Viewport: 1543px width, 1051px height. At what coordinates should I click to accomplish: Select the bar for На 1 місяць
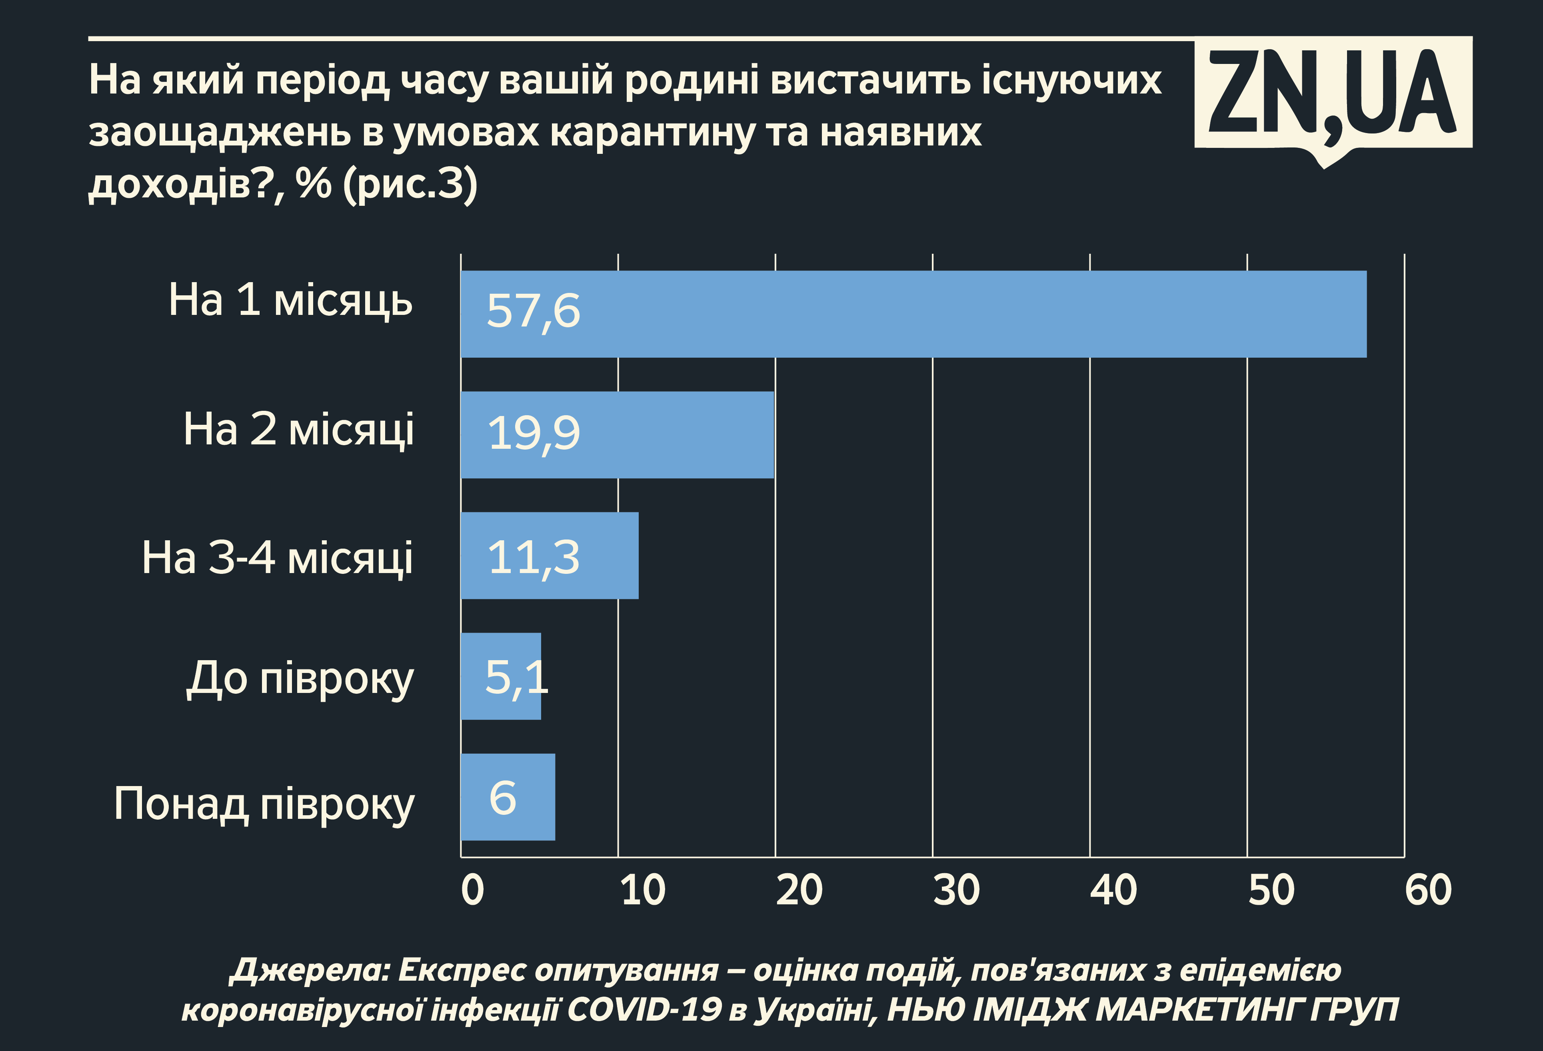(x=913, y=314)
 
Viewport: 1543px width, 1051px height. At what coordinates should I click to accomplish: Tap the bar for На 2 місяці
(x=618, y=435)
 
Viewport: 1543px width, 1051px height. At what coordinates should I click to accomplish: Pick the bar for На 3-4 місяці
(x=550, y=555)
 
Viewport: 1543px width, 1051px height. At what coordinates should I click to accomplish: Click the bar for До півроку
(x=501, y=676)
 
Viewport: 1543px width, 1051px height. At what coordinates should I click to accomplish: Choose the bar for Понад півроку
(x=508, y=797)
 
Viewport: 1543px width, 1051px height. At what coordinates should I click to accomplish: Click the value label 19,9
(x=533, y=433)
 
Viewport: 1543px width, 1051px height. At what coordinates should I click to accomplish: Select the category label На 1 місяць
(x=290, y=301)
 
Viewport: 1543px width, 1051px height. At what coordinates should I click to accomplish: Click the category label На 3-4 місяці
(x=277, y=558)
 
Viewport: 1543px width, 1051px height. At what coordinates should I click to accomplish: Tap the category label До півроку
(x=300, y=679)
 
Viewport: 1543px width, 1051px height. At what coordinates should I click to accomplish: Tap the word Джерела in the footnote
(x=310, y=971)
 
